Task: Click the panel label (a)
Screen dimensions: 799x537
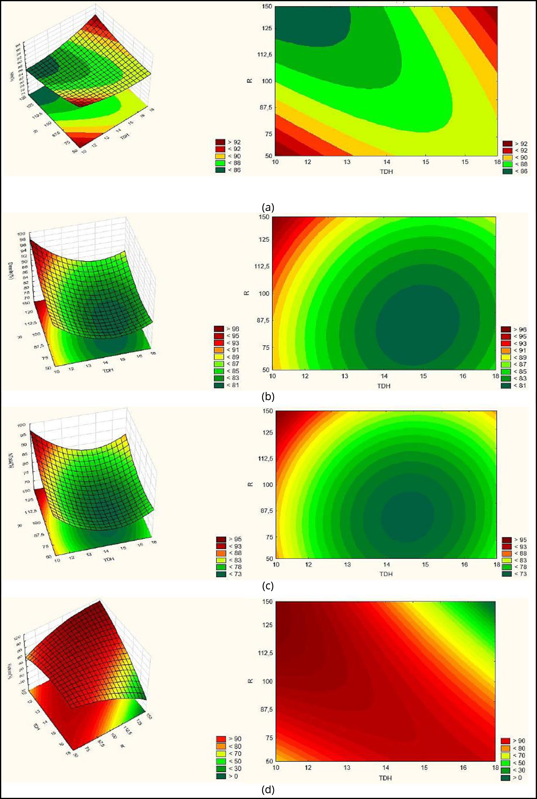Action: point(268,207)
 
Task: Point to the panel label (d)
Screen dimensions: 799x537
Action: point(268,790)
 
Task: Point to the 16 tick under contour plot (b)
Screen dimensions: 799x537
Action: point(463,376)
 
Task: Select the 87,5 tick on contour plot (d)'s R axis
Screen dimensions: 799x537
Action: point(266,709)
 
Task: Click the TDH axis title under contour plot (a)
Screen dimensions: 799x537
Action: point(386,171)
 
